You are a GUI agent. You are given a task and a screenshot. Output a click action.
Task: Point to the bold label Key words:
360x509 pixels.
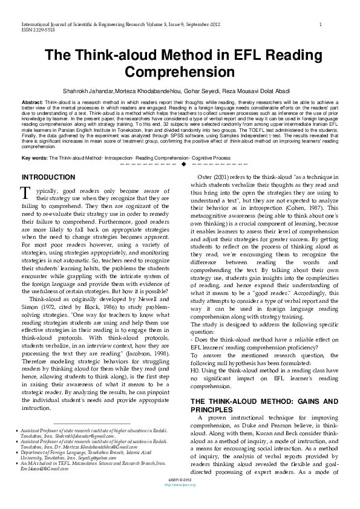click(33, 157)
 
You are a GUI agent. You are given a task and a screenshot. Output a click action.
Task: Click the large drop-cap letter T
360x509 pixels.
click(25, 193)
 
